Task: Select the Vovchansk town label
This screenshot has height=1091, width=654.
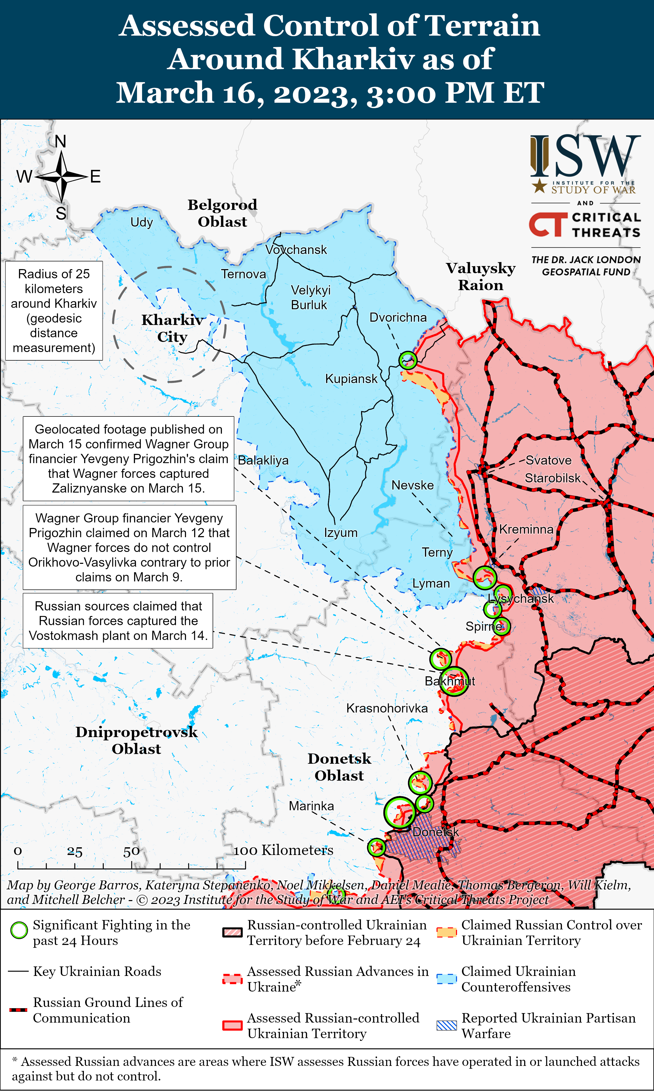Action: tap(296, 250)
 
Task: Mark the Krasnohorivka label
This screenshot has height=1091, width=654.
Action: tap(387, 708)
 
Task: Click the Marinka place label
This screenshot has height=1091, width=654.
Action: tap(311, 806)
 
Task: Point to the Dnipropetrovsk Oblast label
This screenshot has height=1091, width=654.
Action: tap(136, 740)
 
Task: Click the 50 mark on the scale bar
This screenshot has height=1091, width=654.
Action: tap(131, 851)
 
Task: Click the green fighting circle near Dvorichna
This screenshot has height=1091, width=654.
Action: tap(408, 360)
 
